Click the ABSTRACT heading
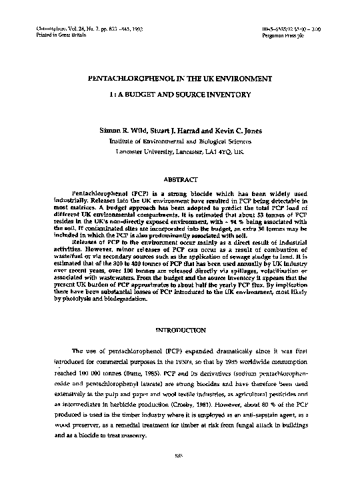181,179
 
